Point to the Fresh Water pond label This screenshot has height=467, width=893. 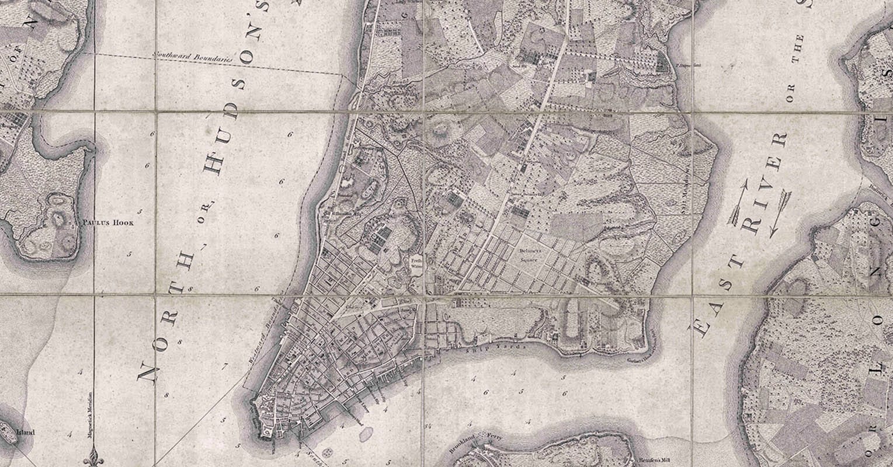(417, 260)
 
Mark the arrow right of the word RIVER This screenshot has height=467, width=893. (779, 212)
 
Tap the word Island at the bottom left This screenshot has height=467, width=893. (26, 433)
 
